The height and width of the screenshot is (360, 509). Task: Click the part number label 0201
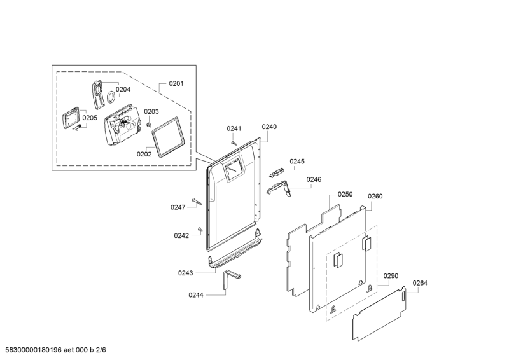point(176,83)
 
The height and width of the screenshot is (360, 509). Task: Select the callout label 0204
point(123,89)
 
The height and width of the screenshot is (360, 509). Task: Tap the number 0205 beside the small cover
point(90,118)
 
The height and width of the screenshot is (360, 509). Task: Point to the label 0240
point(269,127)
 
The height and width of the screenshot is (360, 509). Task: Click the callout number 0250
point(345,194)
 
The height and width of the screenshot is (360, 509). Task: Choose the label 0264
point(420,283)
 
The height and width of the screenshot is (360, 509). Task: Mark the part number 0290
point(391,276)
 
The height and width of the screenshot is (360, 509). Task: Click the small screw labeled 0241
point(234,143)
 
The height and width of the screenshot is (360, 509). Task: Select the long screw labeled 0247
point(197,201)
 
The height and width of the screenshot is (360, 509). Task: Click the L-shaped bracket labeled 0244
point(231,278)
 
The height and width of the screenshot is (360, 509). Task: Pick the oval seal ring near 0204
point(111,97)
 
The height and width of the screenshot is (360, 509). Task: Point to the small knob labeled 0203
point(150,125)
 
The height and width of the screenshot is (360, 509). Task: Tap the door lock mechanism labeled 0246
point(279,188)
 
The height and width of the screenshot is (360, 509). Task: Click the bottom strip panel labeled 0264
point(379,314)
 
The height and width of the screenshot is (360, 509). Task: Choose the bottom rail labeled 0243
point(235,250)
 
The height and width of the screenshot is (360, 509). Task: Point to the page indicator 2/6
point(101,350)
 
